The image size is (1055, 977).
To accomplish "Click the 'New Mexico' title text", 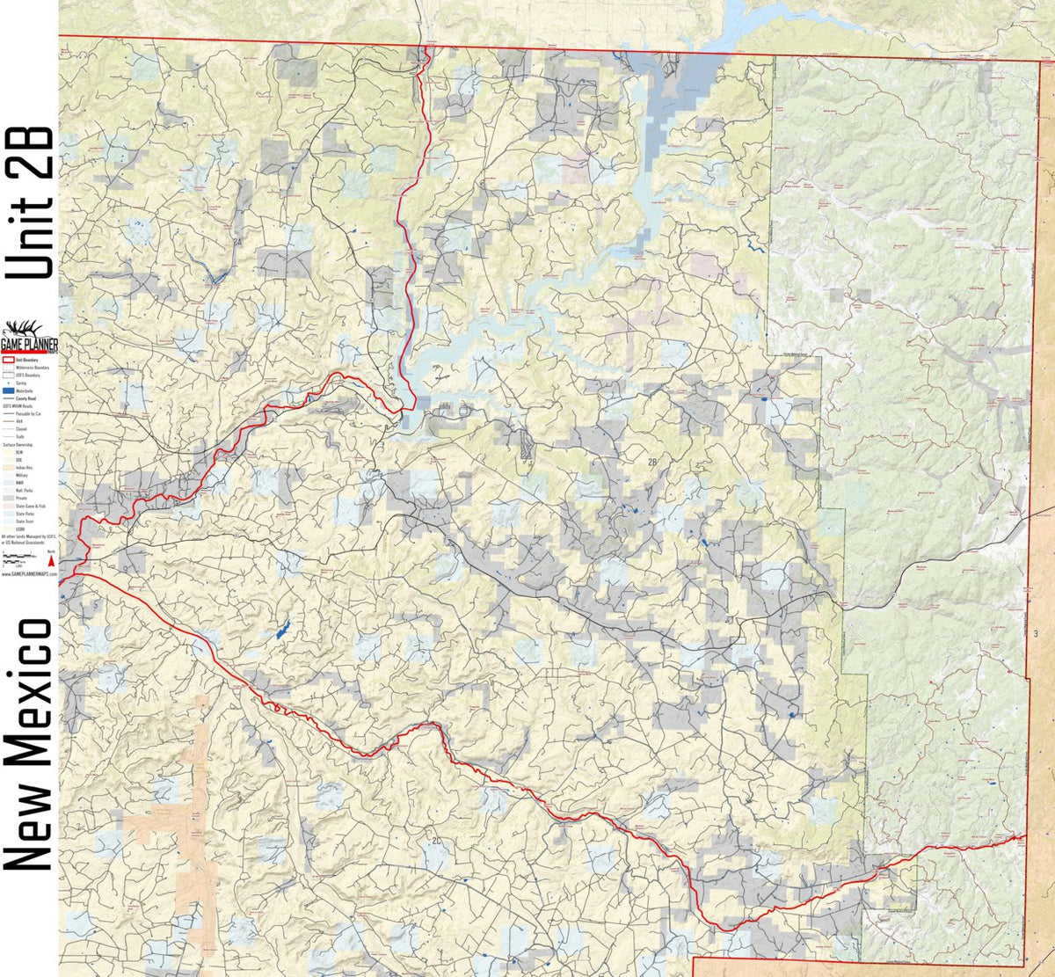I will click(x=28, y=743).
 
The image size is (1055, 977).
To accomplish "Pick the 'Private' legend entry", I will click(x=18, y=499).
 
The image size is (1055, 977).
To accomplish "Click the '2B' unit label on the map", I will click(x=652, y=463).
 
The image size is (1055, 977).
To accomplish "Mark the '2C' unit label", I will click(x=437, y=842).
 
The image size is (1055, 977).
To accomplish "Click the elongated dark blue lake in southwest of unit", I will click(x=283, y=629).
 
